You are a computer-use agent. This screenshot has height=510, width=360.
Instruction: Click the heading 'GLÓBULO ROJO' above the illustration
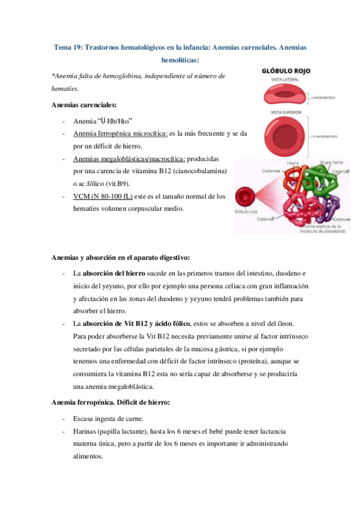pos(285,71)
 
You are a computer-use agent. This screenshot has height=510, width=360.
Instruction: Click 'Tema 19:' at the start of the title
pos(67,47)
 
